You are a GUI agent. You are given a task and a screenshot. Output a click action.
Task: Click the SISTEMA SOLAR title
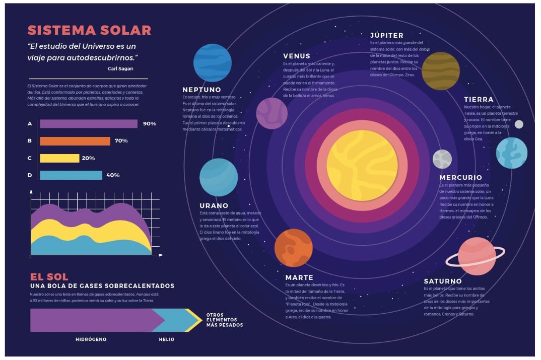89,30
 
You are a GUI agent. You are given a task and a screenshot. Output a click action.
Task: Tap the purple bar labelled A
89,124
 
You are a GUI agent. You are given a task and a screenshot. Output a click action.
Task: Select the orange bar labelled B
75,141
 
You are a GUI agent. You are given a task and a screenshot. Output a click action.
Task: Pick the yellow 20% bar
59,158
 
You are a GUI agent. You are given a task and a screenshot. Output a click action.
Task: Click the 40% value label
113,175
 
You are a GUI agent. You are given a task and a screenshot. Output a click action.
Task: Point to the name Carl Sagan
120,68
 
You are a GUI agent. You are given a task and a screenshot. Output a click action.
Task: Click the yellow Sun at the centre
362,165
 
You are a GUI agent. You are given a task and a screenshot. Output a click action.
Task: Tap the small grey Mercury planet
442,159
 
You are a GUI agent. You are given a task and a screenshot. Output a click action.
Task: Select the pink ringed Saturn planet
477,256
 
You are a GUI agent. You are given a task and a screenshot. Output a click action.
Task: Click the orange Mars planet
293,248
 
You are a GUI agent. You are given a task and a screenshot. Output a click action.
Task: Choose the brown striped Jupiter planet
440,71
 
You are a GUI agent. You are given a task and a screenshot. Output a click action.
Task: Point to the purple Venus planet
272,113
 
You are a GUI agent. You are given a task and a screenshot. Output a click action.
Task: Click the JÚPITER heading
386,35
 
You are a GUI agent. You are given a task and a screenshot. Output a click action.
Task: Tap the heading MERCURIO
460,177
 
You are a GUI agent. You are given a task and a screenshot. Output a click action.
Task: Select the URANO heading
214,205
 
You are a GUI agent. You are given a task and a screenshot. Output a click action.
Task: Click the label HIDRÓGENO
91,339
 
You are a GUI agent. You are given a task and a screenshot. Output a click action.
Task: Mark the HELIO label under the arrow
167,339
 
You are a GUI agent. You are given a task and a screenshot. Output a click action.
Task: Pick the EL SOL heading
49,277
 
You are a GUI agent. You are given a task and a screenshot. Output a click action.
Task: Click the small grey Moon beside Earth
519,124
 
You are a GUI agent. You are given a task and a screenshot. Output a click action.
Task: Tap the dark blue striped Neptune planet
213,63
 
